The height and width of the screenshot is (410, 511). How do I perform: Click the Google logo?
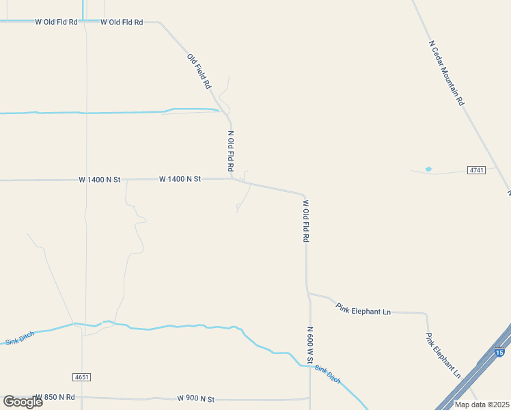[x=23, y=402]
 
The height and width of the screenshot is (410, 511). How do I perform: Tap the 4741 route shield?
[x=477, y=169]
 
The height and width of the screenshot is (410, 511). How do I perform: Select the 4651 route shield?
[x=81, y=377]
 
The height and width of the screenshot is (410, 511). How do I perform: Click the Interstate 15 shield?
[x=499, y=353]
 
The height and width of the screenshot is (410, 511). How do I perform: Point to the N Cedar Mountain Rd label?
[x=447, y=72]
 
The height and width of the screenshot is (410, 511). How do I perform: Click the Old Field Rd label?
[x=199, y=72]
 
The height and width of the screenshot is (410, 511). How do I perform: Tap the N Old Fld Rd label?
[x=231, y=151]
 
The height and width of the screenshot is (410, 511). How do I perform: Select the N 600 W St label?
[x=309, y=344]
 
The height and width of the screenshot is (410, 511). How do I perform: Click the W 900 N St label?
[x=195, y=398]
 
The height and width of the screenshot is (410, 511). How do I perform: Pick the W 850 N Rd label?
[x=55, y=397]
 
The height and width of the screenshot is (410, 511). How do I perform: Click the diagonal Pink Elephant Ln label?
[x=443, y=356]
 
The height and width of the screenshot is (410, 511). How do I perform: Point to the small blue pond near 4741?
[x=428, y=169]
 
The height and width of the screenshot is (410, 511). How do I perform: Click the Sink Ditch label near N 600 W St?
[x=327, y=373]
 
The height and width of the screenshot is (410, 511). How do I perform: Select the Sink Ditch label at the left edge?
[x=19, y=338]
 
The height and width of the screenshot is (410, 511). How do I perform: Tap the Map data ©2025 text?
[x=482, y=405]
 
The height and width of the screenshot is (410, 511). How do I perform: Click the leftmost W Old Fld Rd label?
[x=56, y=22]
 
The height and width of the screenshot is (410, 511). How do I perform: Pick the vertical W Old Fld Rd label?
[x=306, y=221]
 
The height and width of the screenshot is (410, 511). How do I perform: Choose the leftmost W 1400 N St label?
[x=99, y=180]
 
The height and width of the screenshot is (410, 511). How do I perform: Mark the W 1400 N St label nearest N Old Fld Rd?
[x=180, y=179]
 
